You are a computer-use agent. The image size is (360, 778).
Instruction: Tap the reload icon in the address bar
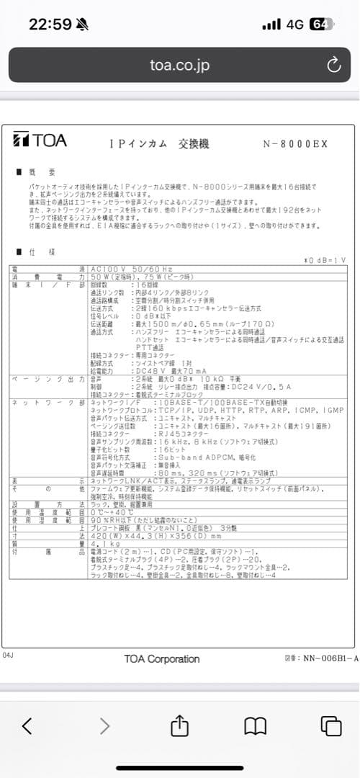coord(333,66)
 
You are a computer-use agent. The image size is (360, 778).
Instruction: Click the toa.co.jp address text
coord(179,66)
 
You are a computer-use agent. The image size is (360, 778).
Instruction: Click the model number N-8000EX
coord(295,143)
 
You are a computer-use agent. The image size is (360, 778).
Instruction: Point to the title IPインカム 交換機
coord(159,143)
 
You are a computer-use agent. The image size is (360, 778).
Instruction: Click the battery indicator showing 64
coord(319,24)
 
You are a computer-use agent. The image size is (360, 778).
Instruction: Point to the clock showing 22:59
coord(50,24)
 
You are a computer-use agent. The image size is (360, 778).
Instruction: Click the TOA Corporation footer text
coord(161,658)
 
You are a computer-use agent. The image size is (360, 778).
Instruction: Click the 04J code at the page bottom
coord(9,656)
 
